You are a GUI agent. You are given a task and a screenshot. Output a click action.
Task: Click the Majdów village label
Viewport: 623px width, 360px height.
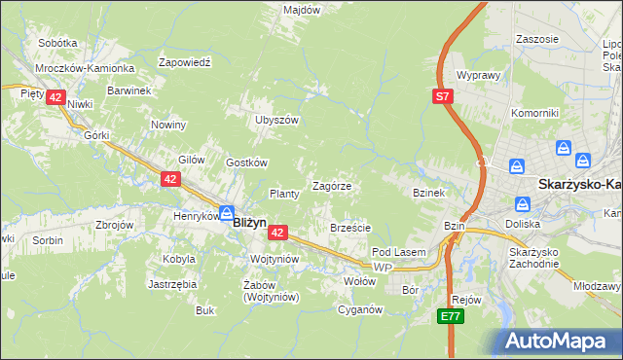(x=301, y=10)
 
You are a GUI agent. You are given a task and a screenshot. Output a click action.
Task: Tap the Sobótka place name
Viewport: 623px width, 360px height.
(x=57, y=43)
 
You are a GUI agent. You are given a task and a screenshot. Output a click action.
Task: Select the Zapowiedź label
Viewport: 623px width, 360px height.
(x=184, y=61)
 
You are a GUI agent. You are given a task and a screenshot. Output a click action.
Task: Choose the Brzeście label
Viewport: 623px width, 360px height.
(x=350, y=228)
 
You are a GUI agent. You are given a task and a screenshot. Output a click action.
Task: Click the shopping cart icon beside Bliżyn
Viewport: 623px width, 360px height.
(x=226, y=212)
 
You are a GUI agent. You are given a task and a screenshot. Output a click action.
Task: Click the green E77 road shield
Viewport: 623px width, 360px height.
(x=449, y=316)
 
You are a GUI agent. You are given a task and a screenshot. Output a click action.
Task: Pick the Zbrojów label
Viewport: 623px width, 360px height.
(x=113, y=224)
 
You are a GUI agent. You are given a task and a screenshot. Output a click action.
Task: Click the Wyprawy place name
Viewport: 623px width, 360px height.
(x=478, y=75)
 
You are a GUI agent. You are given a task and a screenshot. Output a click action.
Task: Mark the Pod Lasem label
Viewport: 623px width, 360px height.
(x=399, y=252)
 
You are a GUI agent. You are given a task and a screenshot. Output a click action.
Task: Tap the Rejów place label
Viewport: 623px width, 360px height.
(x=467, y=300)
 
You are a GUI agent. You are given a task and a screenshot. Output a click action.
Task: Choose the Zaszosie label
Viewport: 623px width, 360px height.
(x=538, y=39)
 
